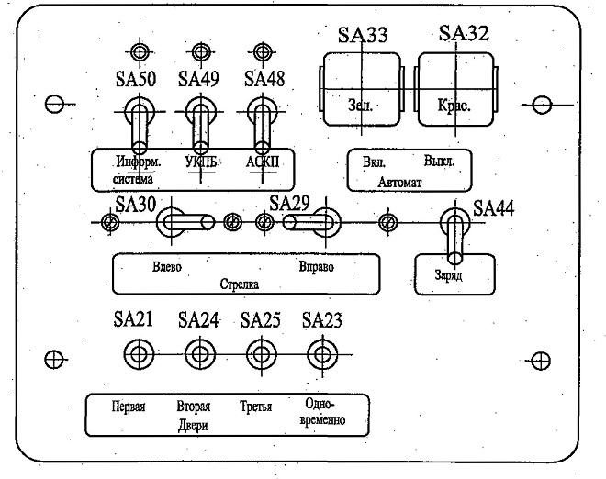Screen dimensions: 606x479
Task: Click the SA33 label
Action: [363, 35]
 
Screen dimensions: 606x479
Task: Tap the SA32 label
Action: [464, 33]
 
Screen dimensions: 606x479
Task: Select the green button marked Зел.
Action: [362, 90]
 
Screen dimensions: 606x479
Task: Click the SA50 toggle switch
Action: [140, 124]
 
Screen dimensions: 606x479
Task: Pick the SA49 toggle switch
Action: [200, 124]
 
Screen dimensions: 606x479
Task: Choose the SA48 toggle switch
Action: [262, 124]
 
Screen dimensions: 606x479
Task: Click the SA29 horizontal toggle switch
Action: [312, 222]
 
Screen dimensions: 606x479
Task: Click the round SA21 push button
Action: [140, 354]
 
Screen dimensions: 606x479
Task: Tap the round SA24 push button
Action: [200, 354]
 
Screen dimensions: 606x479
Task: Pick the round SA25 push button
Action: [262, 354]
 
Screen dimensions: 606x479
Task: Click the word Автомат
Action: [399, 182]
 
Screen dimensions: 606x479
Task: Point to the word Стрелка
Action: [240, 284]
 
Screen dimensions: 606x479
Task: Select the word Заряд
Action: [449, 275]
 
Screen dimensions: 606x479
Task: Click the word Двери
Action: [193, 425]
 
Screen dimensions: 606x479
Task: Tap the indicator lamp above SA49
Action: [200, 51]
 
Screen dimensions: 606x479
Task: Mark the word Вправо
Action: [317, 267]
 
